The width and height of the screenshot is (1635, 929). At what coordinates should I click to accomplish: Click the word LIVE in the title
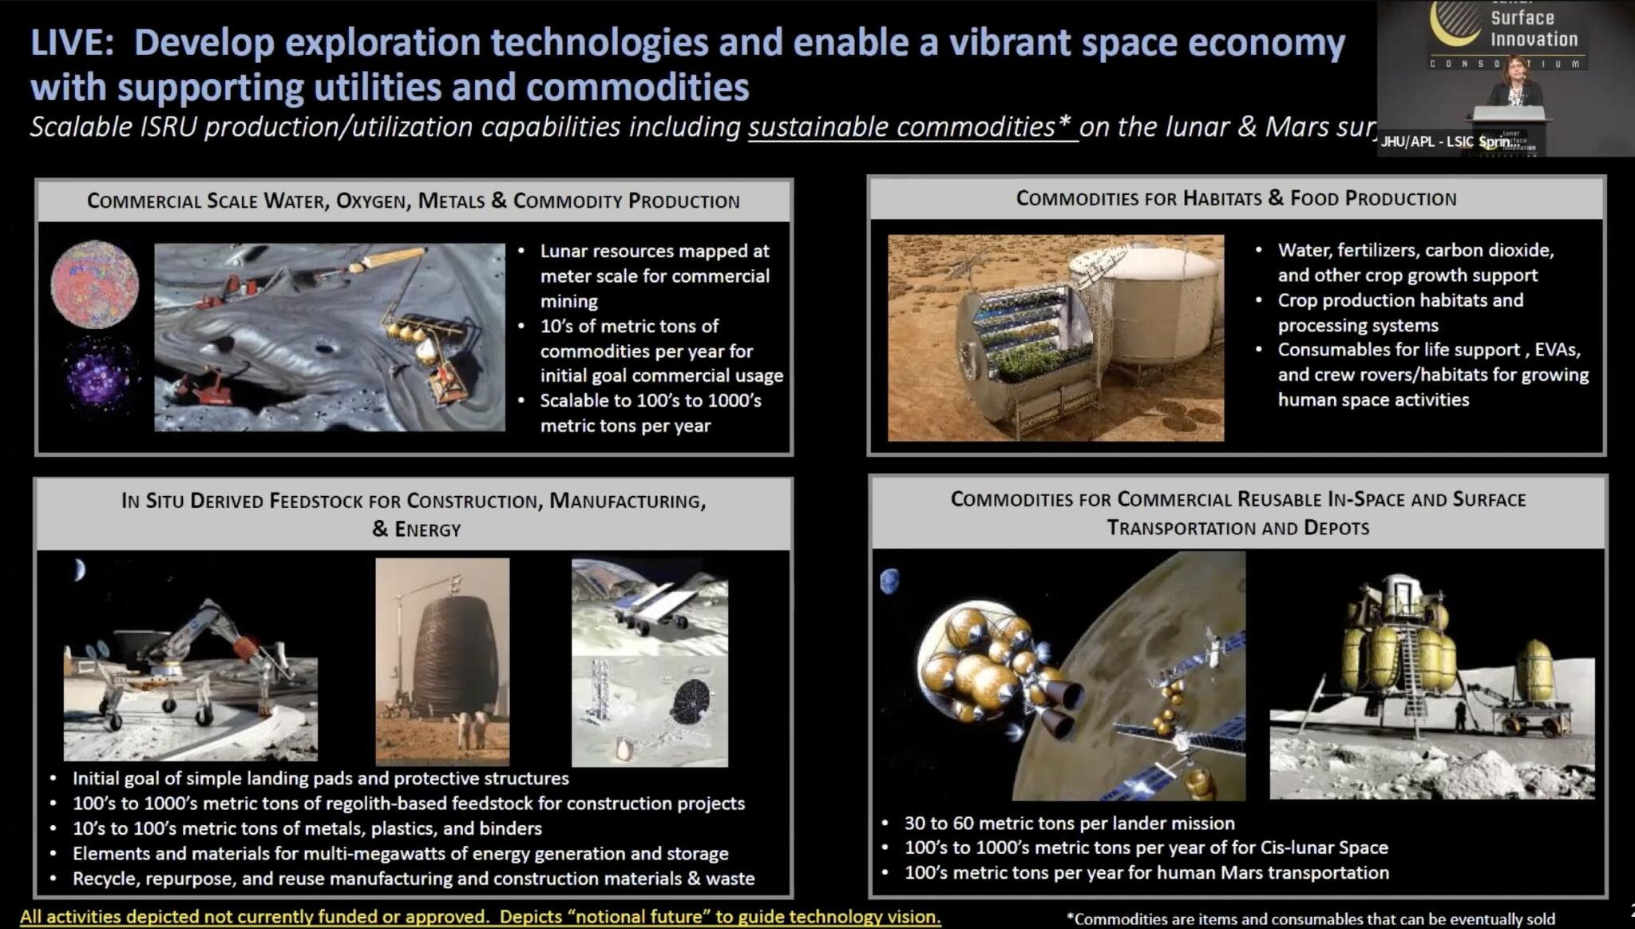(x=68, y=42)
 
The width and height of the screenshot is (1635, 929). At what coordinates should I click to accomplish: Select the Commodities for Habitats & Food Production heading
(x=1236, y=198)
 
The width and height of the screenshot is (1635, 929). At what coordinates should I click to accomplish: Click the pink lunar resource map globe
(x=94, y=284)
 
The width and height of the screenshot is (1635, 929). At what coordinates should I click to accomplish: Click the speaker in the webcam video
(x=1514, y=84)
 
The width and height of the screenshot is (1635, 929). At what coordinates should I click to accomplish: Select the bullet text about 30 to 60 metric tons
(x=1069, y=823)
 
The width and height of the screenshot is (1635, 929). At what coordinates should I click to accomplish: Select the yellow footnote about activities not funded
(x=480, y=916)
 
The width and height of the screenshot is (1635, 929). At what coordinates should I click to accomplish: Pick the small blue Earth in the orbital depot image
(x=889, y=581)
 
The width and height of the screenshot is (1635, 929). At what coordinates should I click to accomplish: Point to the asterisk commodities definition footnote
(x=1310, y=919)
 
